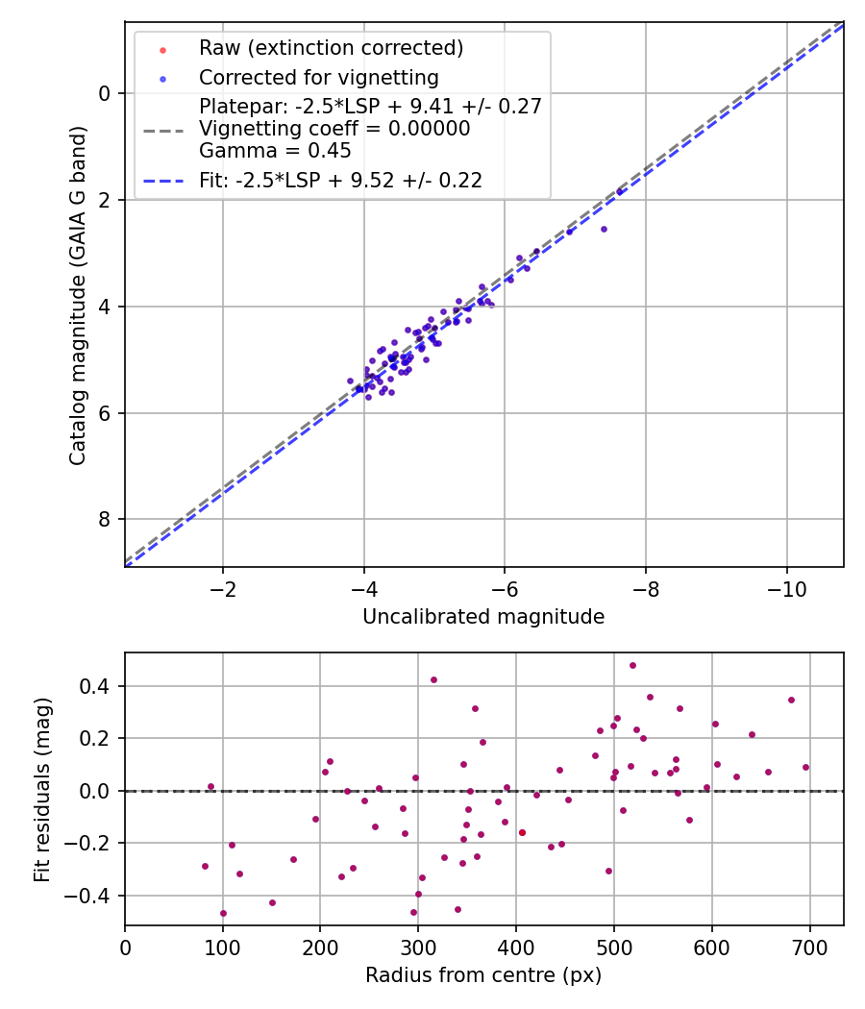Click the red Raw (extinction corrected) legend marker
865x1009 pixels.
pos(162,48)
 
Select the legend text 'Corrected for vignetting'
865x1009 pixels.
pos(318,78)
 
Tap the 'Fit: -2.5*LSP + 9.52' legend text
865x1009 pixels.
pos(340,180)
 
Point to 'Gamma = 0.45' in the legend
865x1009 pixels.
pos(275,151)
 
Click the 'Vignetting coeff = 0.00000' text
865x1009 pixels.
pos(334,129)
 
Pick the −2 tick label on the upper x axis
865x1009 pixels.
pos(223,587)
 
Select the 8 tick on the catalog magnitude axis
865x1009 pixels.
pos(104,520)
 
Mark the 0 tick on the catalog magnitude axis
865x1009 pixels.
pos(104,93)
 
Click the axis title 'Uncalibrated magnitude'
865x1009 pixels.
pos(483,617)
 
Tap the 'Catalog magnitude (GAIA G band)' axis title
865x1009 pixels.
pos(78,295)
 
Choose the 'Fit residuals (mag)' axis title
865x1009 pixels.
pos(42,789)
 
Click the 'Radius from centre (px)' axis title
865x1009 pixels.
pos(483,975)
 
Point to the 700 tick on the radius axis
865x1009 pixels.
pos(809,946)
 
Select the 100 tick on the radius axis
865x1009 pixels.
pos(223,946)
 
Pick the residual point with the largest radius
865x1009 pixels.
pos(805,767)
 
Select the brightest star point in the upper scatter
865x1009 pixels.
pos(619,192)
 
